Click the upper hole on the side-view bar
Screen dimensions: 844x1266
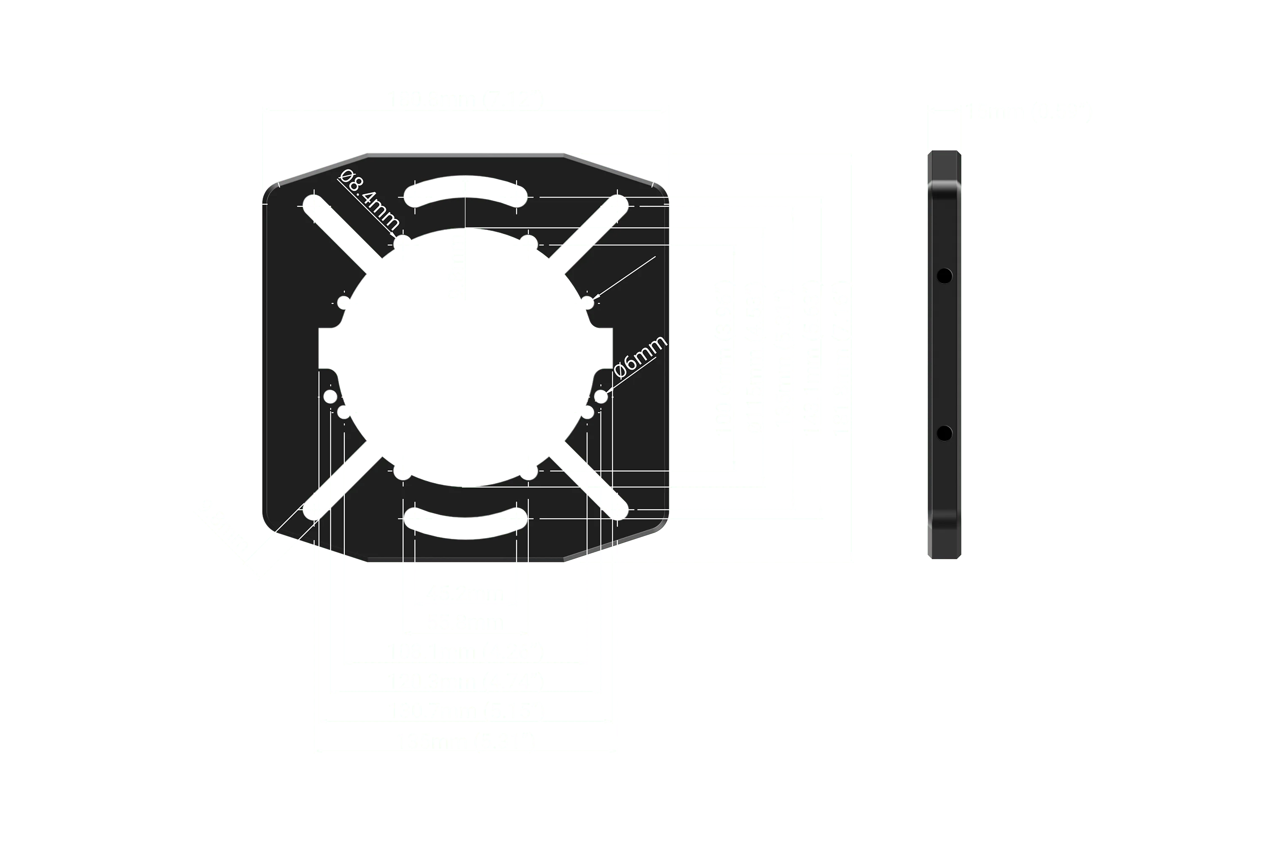(x=944, y=276)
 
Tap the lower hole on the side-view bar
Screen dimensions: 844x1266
(x=944, y=433)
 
